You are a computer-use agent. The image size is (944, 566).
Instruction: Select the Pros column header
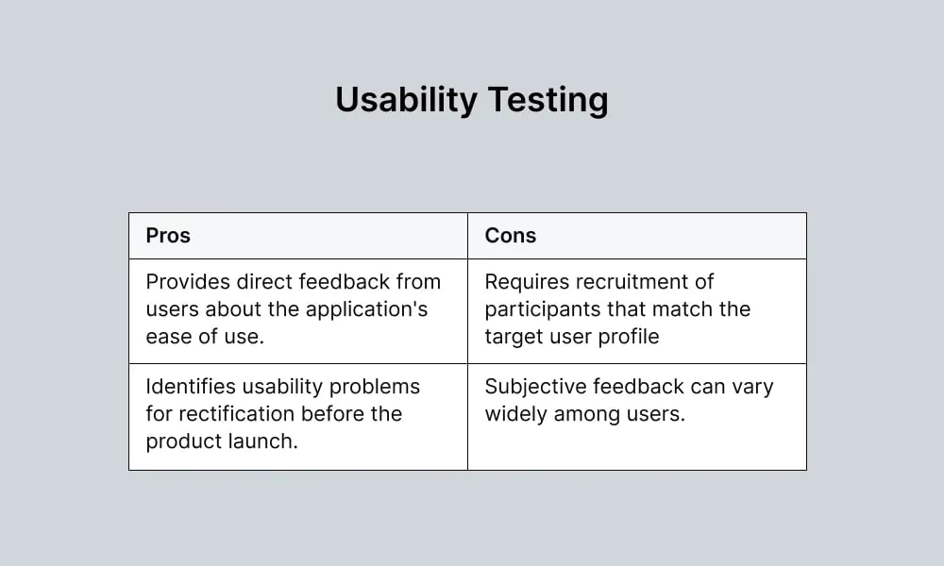(168, 236)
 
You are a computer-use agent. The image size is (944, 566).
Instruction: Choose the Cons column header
(510, 236)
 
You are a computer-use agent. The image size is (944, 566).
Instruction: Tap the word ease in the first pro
(166, 337)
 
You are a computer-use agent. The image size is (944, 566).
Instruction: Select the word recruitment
(642, 282)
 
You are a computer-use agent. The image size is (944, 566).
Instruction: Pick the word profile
(629, 337)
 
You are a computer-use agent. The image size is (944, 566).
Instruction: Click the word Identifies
(189, 387)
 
